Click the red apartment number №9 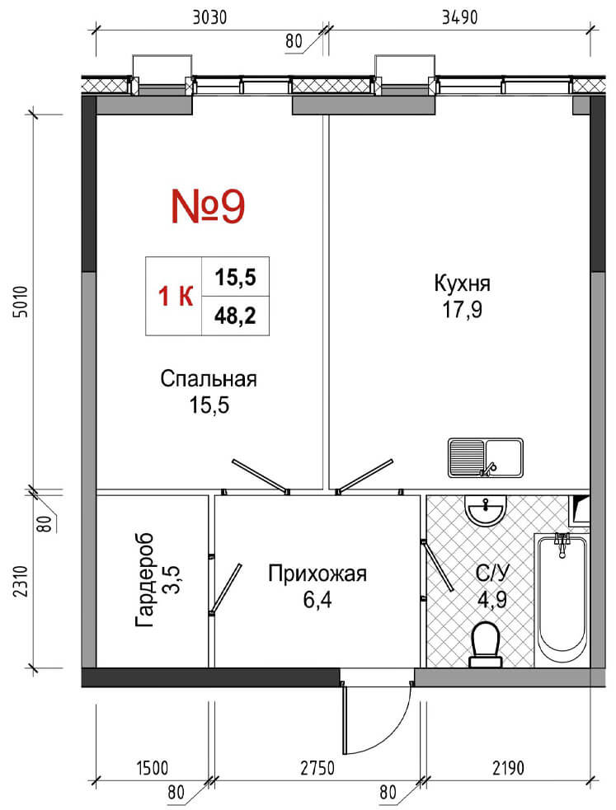point(208,206)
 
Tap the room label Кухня point(462,283)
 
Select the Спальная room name point(209,379)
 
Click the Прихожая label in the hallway point(317,574)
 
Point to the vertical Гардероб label point(144,579)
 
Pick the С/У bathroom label point(492,573)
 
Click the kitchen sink point(485,457)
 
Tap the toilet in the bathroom point(485,644)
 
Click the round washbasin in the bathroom point(485,510)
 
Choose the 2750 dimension point(317,768)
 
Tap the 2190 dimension point(507,768)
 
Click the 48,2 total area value point(235,316)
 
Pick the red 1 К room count point(176,297)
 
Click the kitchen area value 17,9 point(462,310)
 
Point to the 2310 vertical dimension point(21,581)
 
